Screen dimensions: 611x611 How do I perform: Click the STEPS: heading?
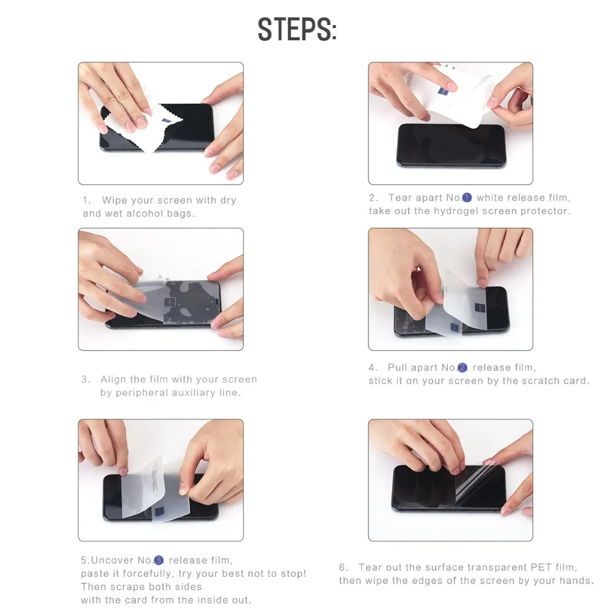[298, 29]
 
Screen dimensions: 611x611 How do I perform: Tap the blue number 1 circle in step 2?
[467, 198]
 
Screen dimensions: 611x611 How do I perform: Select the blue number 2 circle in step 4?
[462, 367]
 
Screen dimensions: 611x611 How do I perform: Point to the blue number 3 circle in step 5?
[159, 560]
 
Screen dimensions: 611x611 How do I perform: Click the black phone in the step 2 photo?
[452, 145]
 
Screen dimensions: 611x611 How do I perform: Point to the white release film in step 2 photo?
[448, 95]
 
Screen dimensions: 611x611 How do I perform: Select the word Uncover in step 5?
[112, 560]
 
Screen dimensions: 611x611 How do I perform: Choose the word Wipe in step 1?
[115, 200]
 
